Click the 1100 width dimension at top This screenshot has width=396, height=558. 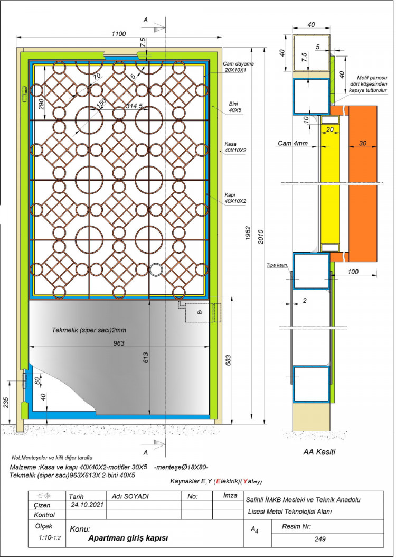tap(119, 34)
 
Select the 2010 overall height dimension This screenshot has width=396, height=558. tap(261, 236)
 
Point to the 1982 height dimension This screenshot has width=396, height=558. tap(249, 234)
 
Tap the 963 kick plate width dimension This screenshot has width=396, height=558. tap(119, 343)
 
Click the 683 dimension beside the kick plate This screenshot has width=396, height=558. tap(228, 360)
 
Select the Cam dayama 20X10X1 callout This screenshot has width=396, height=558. tap(235, 67)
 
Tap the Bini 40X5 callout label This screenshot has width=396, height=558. tap(235, 107)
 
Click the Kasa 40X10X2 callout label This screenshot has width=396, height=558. tap(235, 147)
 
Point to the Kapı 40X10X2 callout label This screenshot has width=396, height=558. tap(235, 198)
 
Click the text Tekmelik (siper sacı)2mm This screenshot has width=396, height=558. tap(89, 330)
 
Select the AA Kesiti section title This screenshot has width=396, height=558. tap(319, 452)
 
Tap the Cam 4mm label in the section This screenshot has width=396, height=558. tap(293, 143)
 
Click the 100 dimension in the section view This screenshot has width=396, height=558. tap(353, 272)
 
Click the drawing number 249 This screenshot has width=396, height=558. tap(320, 539)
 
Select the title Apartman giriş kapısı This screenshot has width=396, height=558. tap(128, 538)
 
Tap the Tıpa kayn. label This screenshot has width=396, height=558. tap(278, 265)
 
